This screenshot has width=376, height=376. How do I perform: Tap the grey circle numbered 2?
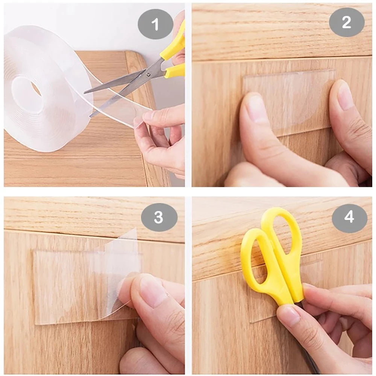[347, 23]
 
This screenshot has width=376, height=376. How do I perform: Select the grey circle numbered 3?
[159, 217]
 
